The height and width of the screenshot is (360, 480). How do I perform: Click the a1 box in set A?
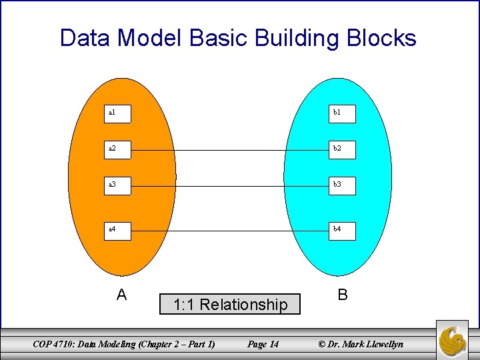pos(119,113)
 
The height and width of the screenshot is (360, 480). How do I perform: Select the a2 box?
pos(119,150)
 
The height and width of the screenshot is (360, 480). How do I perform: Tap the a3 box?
pos(119,186)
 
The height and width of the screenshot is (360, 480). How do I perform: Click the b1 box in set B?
pos(343,113)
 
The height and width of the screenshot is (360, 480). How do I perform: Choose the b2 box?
pos(343,150)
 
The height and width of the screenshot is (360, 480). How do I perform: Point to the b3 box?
pos(343,186)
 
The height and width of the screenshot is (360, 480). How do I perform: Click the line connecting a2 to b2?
pos(230,151)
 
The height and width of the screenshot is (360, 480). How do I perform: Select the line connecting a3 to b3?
pos(230,187)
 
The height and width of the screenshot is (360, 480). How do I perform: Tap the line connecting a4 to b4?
pos(230,231)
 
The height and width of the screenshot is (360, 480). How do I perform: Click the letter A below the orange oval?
pos(121,295)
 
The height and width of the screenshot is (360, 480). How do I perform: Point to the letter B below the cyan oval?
pos(342,295)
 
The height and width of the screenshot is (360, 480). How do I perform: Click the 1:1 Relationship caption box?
pos(230,305)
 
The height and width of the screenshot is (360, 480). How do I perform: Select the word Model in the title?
pos(151,38)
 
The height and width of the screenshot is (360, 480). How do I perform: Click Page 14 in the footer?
pos(263,344)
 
